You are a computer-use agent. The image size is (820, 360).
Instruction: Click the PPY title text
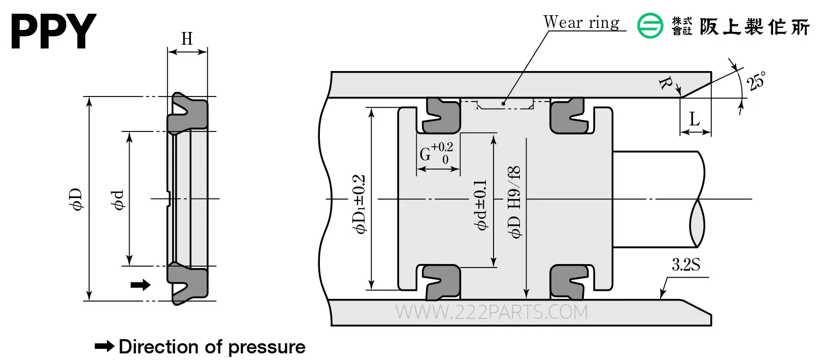54,31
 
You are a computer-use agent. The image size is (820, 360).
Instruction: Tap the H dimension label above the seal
187,39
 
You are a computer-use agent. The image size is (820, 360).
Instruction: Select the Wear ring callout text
581,22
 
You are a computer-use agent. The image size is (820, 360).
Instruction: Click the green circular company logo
650,25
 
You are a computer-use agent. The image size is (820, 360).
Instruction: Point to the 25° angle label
756,81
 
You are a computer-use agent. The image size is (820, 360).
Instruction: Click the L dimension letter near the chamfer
695,119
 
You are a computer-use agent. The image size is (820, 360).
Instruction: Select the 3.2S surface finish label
685,265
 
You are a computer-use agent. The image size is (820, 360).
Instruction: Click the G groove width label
425,154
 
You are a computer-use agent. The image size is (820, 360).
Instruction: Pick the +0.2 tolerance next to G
442,147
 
